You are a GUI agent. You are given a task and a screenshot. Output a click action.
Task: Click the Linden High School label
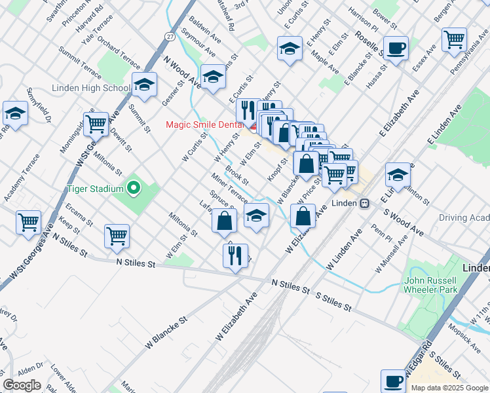98,88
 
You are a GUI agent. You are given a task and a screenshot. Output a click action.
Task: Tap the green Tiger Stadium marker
134,189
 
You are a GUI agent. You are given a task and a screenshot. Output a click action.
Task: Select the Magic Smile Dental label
203,124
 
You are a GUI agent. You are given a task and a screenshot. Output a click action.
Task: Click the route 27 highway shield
170,37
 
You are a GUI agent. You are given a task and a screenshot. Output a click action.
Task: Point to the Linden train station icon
364,203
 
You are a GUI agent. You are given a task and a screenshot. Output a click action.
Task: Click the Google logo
22,385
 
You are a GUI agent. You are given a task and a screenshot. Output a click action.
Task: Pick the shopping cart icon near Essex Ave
454,39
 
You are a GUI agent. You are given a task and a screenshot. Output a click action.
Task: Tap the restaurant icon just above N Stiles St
236,254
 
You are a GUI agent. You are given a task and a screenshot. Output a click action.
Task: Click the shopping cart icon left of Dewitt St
96,122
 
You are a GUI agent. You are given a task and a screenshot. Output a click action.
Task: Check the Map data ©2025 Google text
449,387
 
